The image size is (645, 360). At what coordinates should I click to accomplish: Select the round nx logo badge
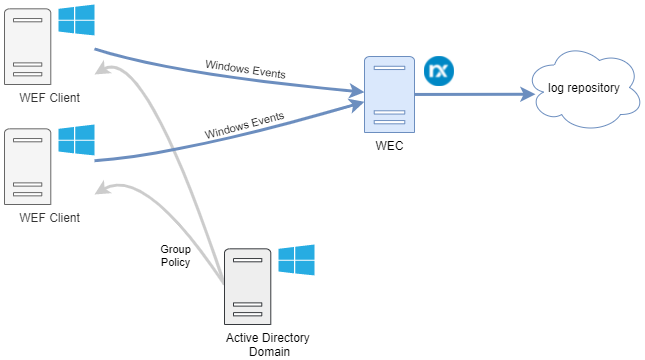coord(438,71)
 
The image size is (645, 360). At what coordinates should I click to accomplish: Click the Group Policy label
coord(175,255)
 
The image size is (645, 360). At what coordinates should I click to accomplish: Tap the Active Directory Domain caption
coord(259,343)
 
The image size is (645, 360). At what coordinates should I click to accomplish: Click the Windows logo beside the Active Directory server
coord(296,260)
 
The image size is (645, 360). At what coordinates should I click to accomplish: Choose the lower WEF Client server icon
coord(27,165)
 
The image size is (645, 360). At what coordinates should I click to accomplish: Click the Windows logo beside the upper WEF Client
coord(76,20)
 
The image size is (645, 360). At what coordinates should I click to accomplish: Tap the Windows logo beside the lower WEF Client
coord(76,140)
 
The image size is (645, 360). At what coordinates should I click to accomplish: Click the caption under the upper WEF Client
coord(49,97)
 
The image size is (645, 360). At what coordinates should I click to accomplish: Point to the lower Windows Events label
coord(244,126)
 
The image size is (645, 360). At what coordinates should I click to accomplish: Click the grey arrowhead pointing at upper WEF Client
coord(102,69)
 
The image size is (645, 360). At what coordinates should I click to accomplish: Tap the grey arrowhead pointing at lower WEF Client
coord(102,189)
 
